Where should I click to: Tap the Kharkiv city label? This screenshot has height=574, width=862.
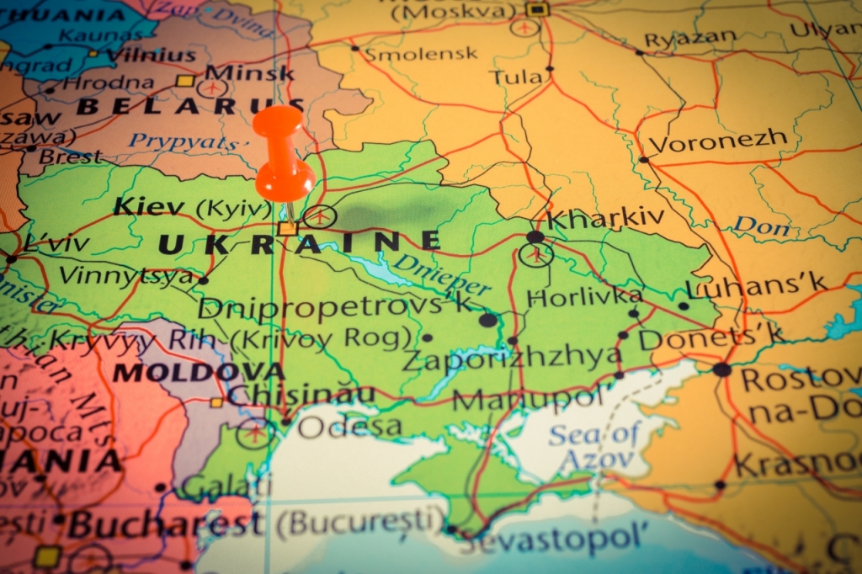[604, 218]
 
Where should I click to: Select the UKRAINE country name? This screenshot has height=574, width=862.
[299, 244]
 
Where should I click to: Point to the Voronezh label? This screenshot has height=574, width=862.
[717, 141]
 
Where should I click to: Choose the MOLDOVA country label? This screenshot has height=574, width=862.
[199, 372]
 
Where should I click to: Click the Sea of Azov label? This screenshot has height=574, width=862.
[594, 446]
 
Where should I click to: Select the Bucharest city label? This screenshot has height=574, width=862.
[165, 524]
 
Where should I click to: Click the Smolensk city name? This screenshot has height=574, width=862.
[411, 54]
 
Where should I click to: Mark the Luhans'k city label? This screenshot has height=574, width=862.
[756, 286]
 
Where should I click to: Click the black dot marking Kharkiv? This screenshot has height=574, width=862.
[535, 237]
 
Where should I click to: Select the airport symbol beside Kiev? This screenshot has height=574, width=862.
[320, 216]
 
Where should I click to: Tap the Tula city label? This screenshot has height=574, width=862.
[516, 77]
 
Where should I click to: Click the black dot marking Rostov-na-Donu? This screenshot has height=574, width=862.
[721, 369]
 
